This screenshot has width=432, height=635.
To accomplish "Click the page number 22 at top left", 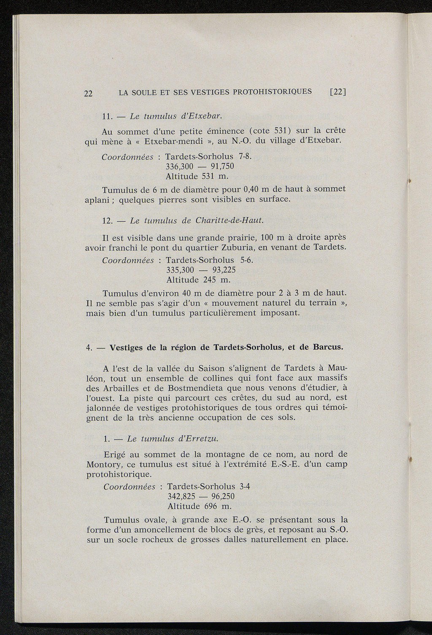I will click(88, 94).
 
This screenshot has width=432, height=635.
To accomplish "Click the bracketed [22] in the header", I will click(337, 92).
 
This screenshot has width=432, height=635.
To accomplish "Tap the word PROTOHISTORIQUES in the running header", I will click(270, 92).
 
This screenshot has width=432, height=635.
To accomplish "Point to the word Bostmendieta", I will click(195, 388).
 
